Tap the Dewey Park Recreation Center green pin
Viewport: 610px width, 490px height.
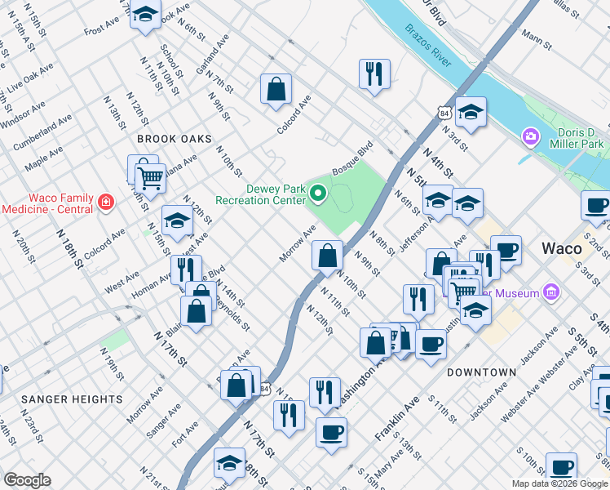(x=318, y=194)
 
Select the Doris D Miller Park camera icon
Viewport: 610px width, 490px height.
(x=532, y=136)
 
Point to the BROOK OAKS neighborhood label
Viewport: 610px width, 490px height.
(x=175, y=140)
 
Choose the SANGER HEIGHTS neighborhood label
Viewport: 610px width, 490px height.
(x=73, y=399)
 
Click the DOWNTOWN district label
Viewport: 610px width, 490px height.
(x=482, y=372)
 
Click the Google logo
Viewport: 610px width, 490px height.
(x=27, y=480)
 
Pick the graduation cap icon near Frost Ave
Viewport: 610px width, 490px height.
(x=145, y=15)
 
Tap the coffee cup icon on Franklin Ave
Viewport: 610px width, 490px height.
(x=330, y=432)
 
